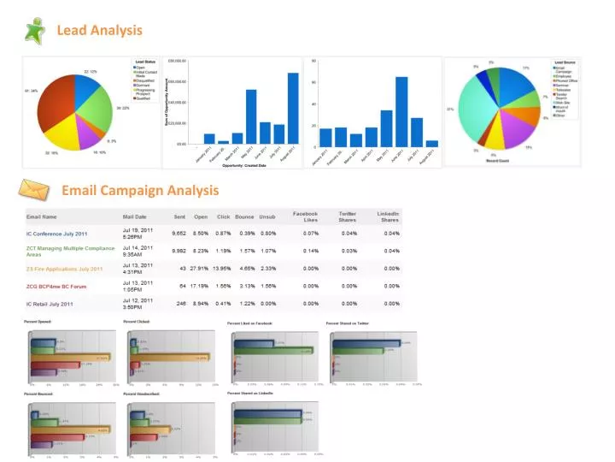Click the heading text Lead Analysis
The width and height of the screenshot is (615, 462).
(99, 30)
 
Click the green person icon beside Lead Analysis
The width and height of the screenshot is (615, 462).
(35, 30)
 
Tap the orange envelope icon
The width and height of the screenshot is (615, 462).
(34, 188)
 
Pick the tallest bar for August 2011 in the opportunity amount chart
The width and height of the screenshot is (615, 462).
(293, 108)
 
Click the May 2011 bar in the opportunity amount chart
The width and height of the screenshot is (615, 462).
(251, 116)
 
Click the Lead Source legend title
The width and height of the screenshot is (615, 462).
(565, 62)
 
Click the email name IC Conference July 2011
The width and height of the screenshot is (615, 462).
(56, 234)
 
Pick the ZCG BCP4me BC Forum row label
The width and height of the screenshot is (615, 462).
(56, 287)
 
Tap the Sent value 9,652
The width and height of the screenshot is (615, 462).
(179, 233)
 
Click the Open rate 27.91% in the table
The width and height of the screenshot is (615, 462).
(200, 269)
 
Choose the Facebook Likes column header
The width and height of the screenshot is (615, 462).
(305, 216)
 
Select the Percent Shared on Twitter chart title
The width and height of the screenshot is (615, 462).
(348, 323)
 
